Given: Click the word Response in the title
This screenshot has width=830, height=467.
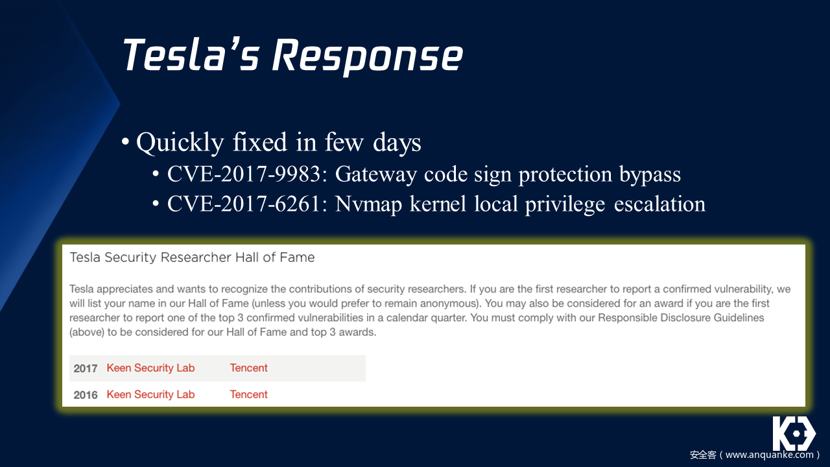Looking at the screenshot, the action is point(368,56).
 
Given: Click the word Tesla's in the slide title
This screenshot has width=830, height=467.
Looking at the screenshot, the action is point(191,54).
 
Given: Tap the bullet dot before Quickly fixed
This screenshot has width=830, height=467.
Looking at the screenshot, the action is point(125,141).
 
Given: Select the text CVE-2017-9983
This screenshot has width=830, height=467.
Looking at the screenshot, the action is point(244,174).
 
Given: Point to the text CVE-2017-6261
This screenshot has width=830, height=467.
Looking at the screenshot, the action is point(244,204).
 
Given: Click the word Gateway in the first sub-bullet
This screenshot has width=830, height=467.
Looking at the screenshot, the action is point(375,175).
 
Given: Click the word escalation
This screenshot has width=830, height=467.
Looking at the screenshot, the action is point(659,204).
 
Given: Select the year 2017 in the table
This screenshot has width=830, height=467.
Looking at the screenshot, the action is point(85,368).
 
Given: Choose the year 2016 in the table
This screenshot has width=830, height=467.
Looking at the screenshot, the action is point(85,395).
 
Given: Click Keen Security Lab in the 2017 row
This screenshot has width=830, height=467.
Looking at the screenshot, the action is point(150,368).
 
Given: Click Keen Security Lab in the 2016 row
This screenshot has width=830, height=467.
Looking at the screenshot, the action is point(150,395).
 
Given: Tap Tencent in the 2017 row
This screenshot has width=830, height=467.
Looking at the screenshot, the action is point(248,368).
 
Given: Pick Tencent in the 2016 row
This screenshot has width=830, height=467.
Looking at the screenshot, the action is point(248,395).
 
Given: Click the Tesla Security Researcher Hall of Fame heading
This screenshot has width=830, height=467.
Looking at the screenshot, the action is point(192,257).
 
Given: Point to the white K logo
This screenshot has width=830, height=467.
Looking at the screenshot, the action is point(794,433).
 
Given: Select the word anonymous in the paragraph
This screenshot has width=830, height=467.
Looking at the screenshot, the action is point(449,304).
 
